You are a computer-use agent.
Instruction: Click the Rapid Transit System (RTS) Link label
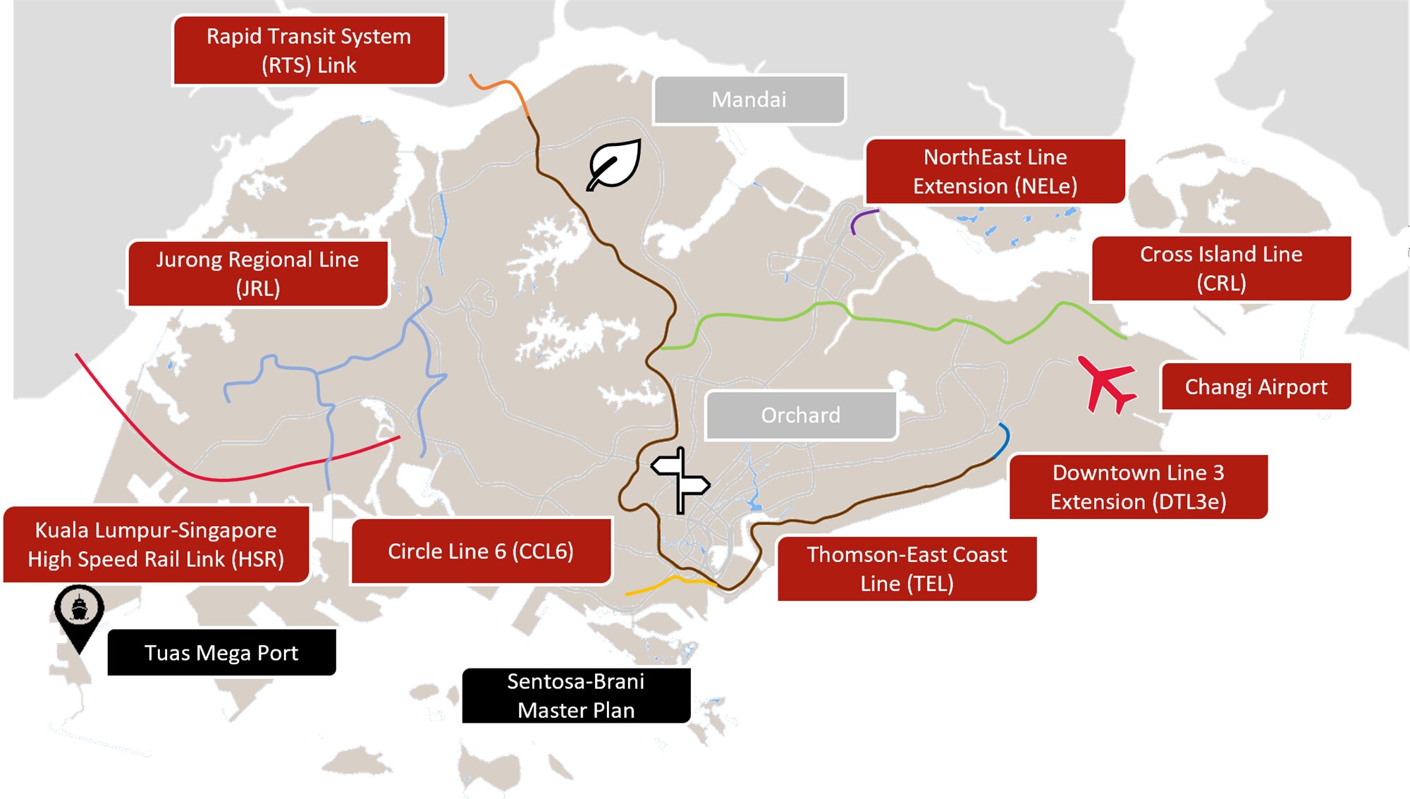[309, 50]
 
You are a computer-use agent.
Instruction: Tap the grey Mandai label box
[749, 99]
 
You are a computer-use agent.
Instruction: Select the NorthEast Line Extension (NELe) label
[995, 171]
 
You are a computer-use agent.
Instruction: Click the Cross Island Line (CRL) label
[1221, 268]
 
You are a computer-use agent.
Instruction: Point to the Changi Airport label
[1256, 386]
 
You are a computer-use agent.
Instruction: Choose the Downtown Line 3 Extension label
[1138, 487]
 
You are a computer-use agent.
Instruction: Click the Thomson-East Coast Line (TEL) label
[907, 568]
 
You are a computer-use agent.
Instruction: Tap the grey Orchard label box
[800, 415]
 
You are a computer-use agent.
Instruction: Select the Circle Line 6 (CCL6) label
[481, 551]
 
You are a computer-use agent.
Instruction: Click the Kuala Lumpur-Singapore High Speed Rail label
[156, 544]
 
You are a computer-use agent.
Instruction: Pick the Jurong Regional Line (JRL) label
[257, 274]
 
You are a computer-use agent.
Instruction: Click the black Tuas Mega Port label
[221, 652]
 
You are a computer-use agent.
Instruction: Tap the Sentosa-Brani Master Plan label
[576, 695]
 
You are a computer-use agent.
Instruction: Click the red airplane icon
[1106, 384]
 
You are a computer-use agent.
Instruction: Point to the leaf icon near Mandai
[614, 165]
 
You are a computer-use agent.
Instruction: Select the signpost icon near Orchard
[680, 480]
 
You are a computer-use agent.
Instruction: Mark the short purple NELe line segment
[860, 218]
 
